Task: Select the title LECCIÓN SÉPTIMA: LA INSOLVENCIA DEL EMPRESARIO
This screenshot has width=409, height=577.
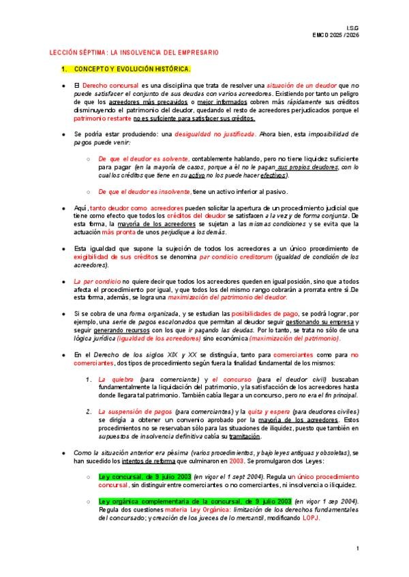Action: click(134, 52)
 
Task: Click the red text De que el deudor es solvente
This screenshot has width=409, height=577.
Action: click(143, 159)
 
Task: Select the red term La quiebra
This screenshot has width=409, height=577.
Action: click(117, 378)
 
